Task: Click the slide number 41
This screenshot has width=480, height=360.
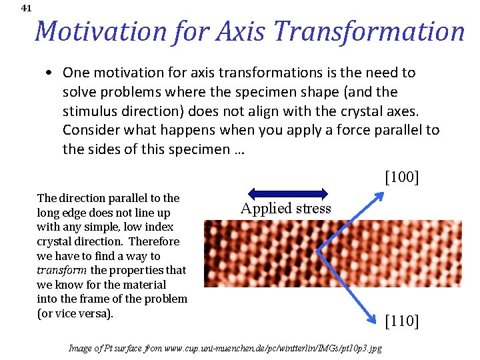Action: pos(26,9)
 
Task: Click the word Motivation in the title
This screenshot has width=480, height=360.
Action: pos(100,31)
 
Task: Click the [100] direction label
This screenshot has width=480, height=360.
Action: pos(401,177)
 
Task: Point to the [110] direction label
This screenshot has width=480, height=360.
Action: pos(402,321)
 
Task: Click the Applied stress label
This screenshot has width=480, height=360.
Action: pos(285,209)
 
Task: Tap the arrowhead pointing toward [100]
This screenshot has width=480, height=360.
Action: pos(380,195)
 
